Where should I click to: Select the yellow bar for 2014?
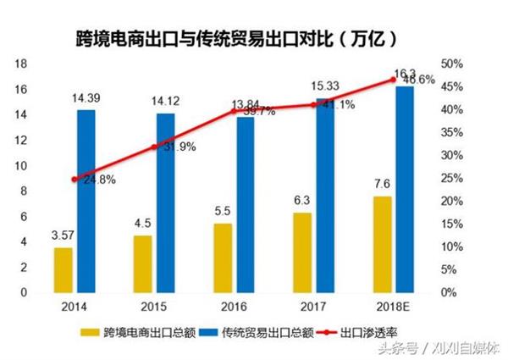pos(63,269)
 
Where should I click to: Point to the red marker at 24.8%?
pos(75,180)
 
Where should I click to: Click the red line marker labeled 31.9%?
pos(154,147)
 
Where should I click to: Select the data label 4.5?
pos(141,224)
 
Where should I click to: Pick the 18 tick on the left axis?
pos(24,64)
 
